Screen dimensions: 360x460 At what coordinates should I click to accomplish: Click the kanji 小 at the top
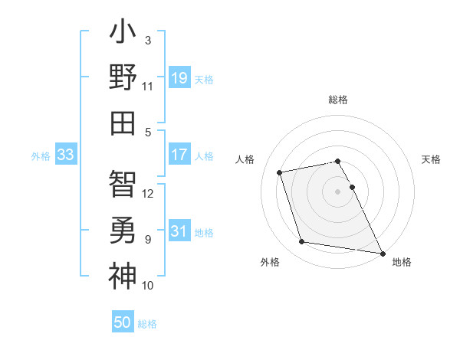123,34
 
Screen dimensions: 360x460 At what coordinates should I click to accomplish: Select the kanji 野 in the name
123,78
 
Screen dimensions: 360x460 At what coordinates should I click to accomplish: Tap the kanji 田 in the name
123,123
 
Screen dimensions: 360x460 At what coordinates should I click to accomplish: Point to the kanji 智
123,184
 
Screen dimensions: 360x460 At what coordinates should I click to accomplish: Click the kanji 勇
123,229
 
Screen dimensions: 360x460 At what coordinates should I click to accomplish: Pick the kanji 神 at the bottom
123,274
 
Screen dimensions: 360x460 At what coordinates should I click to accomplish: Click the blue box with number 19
179,77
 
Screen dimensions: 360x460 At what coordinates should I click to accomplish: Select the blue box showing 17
179,155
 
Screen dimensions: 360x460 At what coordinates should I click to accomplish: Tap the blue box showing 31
179,231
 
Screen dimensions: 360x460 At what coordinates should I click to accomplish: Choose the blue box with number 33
65,155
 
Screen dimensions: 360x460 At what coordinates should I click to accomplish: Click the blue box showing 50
123,322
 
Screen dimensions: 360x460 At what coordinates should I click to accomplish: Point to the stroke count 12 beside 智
149,194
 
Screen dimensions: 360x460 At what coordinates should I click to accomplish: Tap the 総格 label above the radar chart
338,100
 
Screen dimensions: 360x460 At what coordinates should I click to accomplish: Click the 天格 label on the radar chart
432,159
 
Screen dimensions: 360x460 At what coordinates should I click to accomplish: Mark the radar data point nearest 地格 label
383,253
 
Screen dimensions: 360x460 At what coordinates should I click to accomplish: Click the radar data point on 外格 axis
302,242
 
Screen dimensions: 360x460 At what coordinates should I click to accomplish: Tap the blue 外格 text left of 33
41,155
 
